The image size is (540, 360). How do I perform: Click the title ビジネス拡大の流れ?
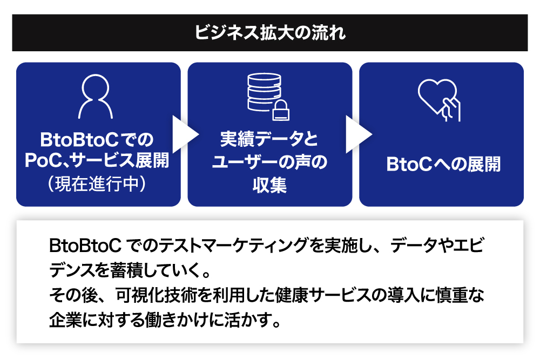coord(269,32)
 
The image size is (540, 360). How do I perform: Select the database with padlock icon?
coord(266,96)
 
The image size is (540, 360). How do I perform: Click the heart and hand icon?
coord(439,99)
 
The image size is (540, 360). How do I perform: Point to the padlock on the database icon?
coord(281,110)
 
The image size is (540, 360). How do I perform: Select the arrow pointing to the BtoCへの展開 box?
coord(356,134)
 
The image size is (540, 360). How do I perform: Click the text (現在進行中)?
coord(98,182)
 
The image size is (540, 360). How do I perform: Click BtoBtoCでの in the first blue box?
coord(98,140)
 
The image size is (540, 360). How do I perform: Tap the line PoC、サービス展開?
coord(98,160)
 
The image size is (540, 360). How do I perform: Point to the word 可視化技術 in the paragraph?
coord(145,295)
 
